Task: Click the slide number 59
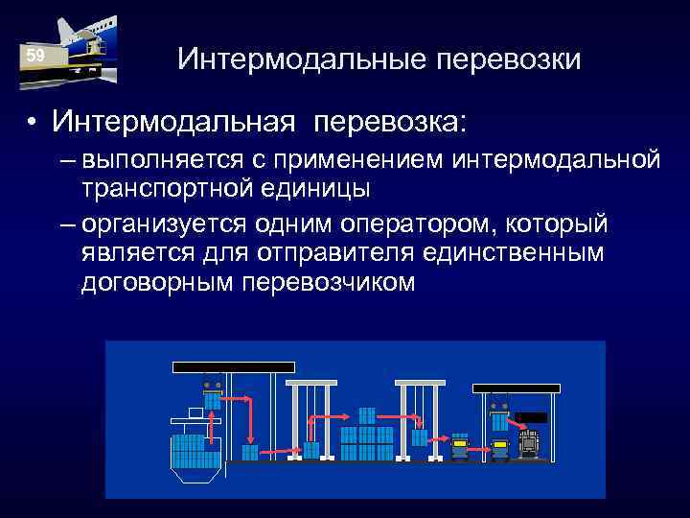tap(35, 57)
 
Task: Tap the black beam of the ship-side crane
tap(233, 367)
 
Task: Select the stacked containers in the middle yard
tap(367, 436)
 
